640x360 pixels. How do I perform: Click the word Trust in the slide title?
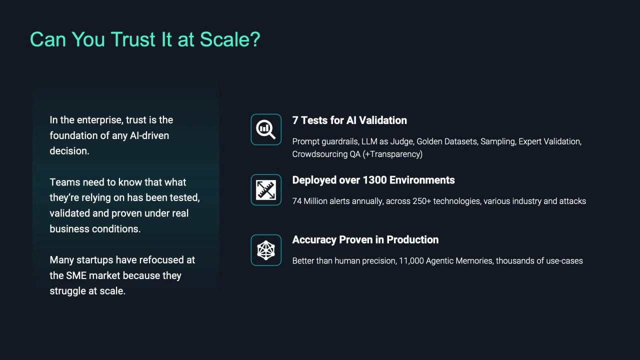coord(133,39)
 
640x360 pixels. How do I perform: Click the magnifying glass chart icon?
coord(266,129)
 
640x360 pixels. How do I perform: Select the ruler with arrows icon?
coord(266,189)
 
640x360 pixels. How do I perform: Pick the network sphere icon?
coord(266,250)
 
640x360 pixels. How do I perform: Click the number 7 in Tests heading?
coord(295,120)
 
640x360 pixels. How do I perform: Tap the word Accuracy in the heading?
coord(314,240)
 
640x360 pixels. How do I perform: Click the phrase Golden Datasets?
coord(447,141)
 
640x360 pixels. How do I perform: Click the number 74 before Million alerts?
coord(297,201)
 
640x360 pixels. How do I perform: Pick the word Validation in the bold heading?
coord(383,120)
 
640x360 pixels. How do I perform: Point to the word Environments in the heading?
coord(422,180)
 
